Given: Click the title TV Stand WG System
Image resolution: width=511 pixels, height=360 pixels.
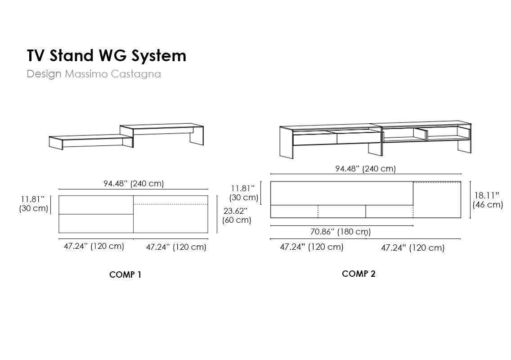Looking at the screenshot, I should (106, 56).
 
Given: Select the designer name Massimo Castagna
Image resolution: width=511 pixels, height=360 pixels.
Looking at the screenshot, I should (113, 74).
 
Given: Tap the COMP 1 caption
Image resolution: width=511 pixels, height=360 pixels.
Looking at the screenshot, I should (125, 274).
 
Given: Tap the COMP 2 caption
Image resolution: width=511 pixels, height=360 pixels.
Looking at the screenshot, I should (359, 274).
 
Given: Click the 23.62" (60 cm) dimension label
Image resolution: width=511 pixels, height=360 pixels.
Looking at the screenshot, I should (237, 215).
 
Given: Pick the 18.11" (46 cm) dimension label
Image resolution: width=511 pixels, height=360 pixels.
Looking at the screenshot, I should (488, 200).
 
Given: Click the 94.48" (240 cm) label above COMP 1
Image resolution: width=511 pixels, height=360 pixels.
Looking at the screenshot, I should (134, 184).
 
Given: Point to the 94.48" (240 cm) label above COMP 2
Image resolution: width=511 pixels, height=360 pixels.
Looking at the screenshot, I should (365, 169).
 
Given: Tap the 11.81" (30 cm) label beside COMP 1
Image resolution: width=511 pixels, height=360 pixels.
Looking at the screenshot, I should (34, 204).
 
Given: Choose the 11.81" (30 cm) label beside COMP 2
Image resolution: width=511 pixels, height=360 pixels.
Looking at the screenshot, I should (244, 193).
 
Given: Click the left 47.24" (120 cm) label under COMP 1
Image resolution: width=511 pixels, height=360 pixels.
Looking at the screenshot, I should (94, 246).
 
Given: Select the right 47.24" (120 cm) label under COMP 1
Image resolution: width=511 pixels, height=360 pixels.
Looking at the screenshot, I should (176, 247).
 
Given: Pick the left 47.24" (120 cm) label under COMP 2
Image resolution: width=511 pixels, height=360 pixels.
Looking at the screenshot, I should (312, 247).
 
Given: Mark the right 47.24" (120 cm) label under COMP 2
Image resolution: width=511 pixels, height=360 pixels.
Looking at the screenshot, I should (412, 247).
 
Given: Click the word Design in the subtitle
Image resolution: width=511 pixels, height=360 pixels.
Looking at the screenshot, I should (44, 74).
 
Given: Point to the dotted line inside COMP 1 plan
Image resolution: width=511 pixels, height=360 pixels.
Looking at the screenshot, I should (171, 205).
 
